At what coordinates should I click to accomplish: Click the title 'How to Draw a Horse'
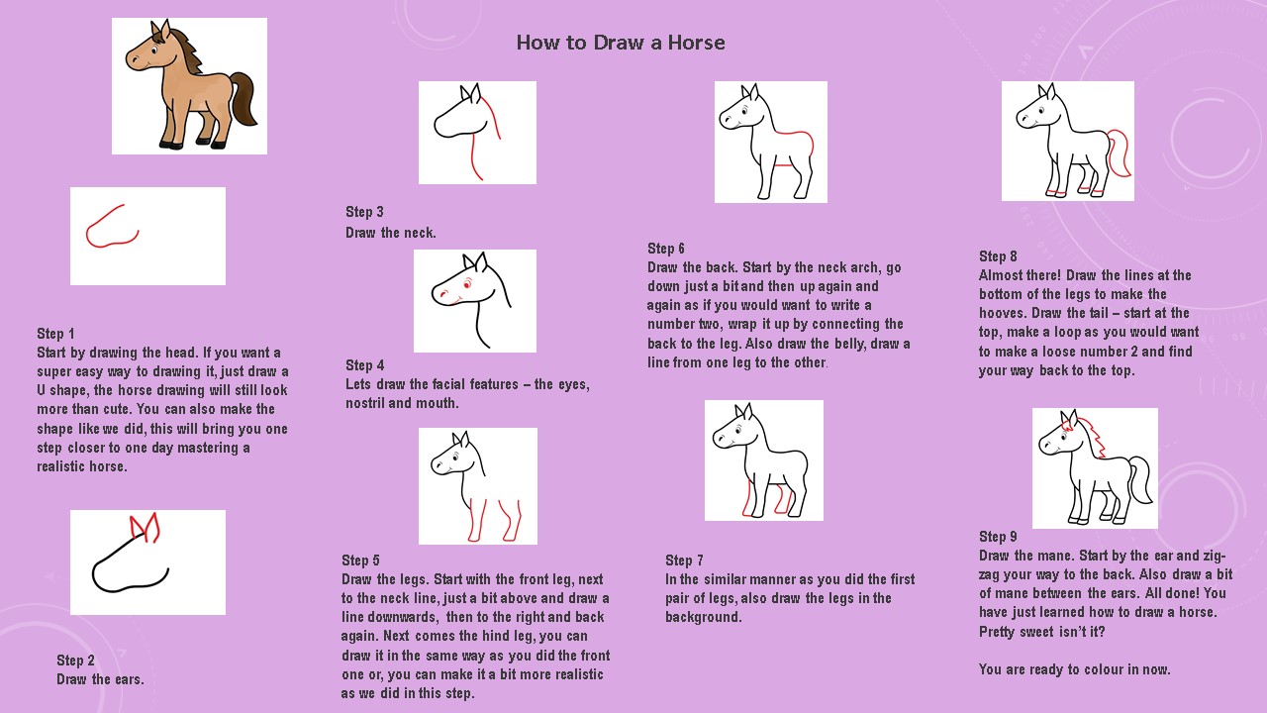click(x=621, y=43)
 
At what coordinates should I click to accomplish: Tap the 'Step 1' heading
click(x=55, y=334)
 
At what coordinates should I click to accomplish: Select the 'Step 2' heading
click(x=75, y=661)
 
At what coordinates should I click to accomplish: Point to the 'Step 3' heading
click(x=364, y=212)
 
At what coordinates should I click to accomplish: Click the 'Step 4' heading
click(x=365, y=365)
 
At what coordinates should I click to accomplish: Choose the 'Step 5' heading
click(x=360, y=560)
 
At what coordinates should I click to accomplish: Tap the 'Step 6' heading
click(x=666, y=249)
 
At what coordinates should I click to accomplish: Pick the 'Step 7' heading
click(x=684, y=560)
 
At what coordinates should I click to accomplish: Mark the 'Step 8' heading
click(x=998, y=256)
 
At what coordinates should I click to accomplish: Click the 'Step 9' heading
click(x=998, y=537)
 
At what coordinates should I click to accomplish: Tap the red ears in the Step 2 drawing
click(x=145, y=528)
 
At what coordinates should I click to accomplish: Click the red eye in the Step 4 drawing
click(x=467, y=284)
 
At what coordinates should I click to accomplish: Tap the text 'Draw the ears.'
click(x=100, y=679)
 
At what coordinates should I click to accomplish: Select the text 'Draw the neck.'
click(x=391, y=233)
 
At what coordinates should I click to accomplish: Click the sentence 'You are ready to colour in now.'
click(x=1075, y=669)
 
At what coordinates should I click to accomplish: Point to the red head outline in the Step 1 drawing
click(x=105, y=222)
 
